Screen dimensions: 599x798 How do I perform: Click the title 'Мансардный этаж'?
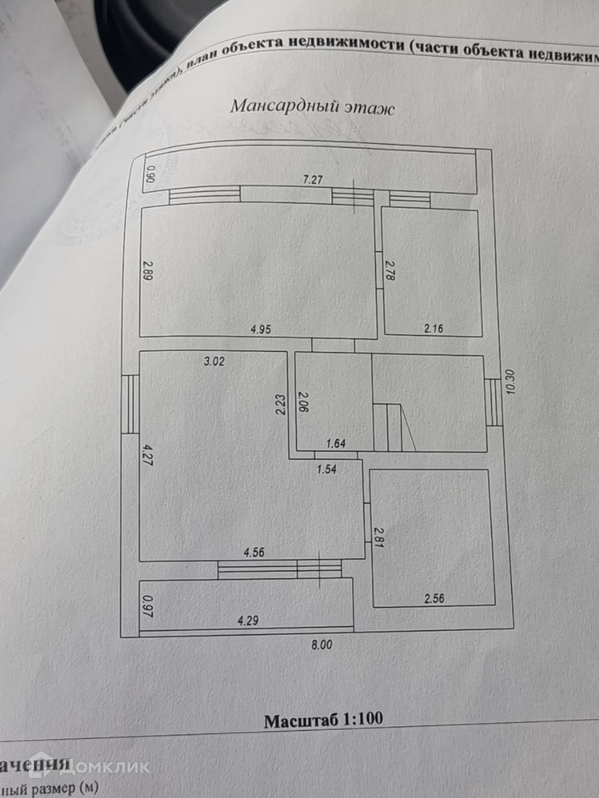[x=313, y=106]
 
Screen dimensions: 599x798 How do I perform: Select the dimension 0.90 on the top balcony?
[x=150, y=174]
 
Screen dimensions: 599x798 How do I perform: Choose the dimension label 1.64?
[x=337, y=443]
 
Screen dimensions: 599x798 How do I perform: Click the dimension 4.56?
[x=254, y=551]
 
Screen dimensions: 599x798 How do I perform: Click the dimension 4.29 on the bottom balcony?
[x=249, y=621]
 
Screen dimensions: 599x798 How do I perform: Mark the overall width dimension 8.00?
[x=322, y=644]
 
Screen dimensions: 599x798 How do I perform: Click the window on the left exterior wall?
[x=130, y=403]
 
